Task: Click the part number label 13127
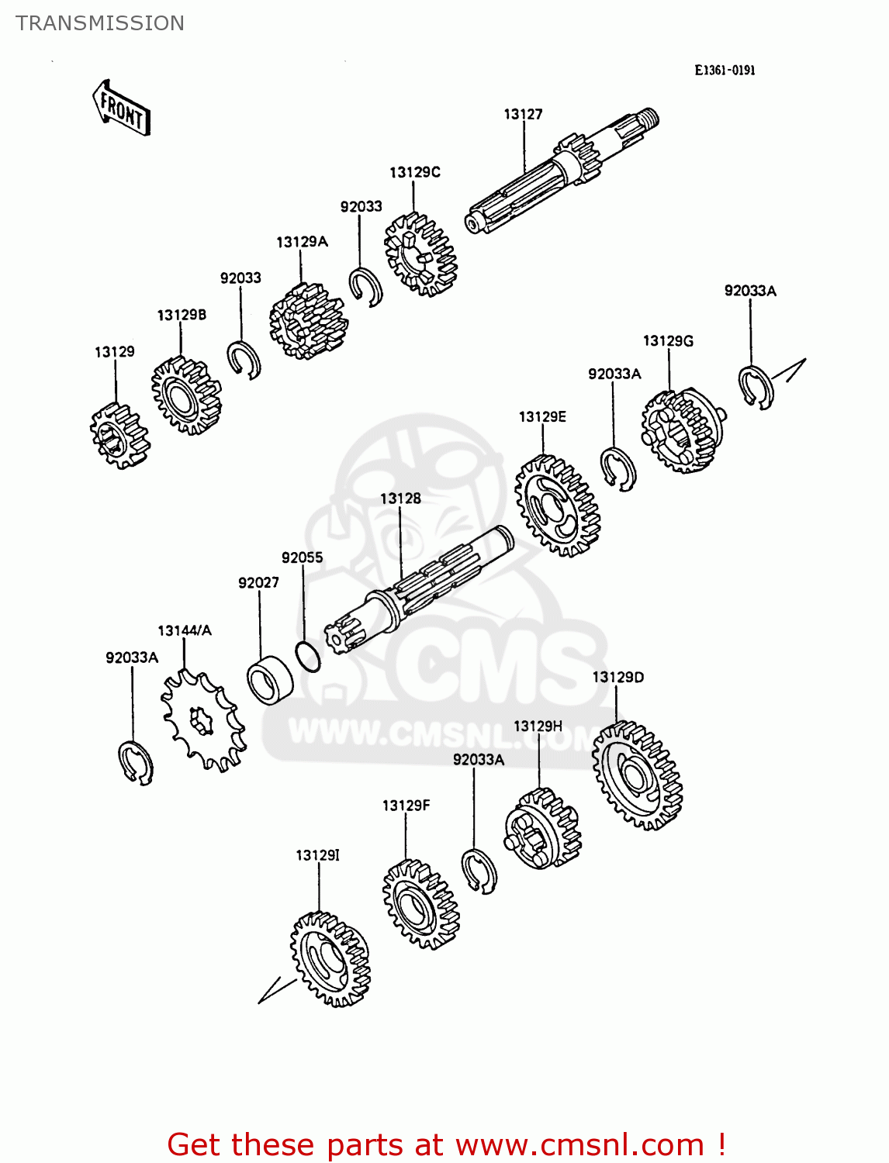[523, 114]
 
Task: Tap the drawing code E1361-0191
[725, 70]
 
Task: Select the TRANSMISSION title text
[100, 23]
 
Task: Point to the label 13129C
[414, 172]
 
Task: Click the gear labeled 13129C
[420, 254]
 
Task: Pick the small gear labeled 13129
[119, 436]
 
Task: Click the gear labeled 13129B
[186, 395]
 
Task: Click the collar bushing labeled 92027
[270, 680]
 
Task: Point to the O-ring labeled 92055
[308, 657]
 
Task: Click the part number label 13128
[400, 499]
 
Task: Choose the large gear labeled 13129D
[637, 775]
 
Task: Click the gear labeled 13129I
[330, 958]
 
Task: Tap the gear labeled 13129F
[420, 904]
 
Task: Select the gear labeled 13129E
[557, 506]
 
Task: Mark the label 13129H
[538, 726]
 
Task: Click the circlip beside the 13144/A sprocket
[136, 762]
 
